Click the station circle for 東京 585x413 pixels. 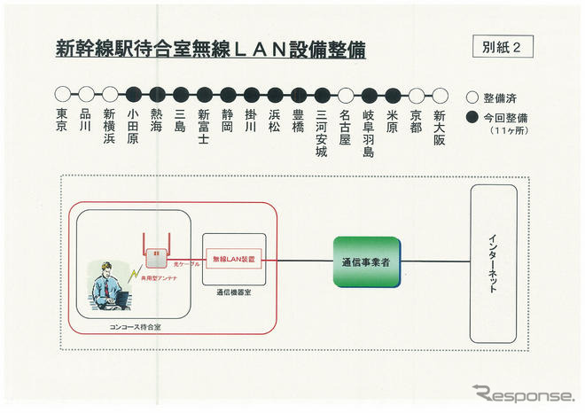point(62,93)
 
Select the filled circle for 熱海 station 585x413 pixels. point(157,93)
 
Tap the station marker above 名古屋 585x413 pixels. point(346,93)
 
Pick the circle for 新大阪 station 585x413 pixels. point(440,93)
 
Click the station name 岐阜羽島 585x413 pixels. point(369,133)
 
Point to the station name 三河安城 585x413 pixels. point(322,133)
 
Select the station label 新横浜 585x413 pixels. point(110,127)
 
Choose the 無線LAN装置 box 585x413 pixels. point(234,259)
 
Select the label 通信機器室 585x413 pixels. point(235,291)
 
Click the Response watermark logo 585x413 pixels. point(522,394)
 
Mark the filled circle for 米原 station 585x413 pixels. point(393,93)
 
